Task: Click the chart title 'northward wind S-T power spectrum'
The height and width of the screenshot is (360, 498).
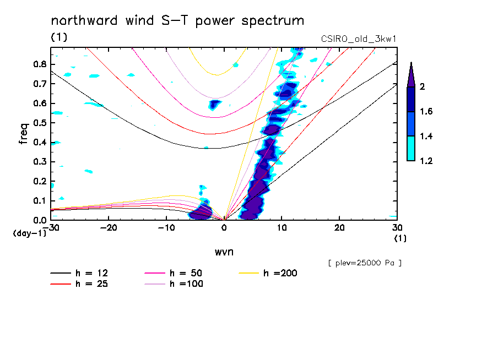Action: click(x=177, y=21)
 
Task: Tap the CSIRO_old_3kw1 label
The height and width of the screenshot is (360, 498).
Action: click(x=358, y=39)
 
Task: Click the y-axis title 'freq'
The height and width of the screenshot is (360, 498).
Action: click(x=24, y=133)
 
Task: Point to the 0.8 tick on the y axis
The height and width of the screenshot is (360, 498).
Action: click(x=39, y=64)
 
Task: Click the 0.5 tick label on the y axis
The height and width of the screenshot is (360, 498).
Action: click(x=39, y=123)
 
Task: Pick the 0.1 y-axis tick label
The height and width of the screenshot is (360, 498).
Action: click(x=39, y=201)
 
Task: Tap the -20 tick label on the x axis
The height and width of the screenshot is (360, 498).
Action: click(x=109, y=228)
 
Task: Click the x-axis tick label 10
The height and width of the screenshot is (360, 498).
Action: click(x=282, y=228)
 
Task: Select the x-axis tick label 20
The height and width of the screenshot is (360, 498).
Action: click(x=339, y=228)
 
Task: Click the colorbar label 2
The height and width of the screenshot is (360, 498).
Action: click(x=423, y=87)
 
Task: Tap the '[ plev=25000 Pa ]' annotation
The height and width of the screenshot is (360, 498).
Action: click(x=365, y=263)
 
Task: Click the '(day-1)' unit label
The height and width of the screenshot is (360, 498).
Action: click(x=29, y=233)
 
